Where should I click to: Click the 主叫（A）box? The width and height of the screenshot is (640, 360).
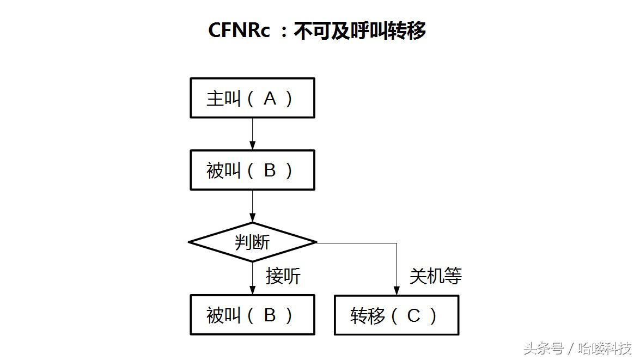252,98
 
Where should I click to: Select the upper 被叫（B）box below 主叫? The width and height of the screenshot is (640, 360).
252,170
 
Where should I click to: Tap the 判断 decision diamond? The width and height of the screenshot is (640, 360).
252,242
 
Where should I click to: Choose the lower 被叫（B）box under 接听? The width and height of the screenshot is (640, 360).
252,315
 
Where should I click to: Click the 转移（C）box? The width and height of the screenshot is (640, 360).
396,315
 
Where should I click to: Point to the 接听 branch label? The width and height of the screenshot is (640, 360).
283,276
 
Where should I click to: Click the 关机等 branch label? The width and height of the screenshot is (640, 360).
435,276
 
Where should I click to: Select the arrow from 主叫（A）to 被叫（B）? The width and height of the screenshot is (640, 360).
252,133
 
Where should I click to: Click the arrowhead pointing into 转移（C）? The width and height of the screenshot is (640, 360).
397,291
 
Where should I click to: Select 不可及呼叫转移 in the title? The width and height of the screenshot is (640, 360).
359,30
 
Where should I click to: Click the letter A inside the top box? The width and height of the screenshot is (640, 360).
270,99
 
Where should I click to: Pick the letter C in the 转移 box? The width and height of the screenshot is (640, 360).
413,316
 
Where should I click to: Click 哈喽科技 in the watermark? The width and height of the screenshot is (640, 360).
605,348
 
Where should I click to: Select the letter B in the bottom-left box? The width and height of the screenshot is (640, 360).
270,315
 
